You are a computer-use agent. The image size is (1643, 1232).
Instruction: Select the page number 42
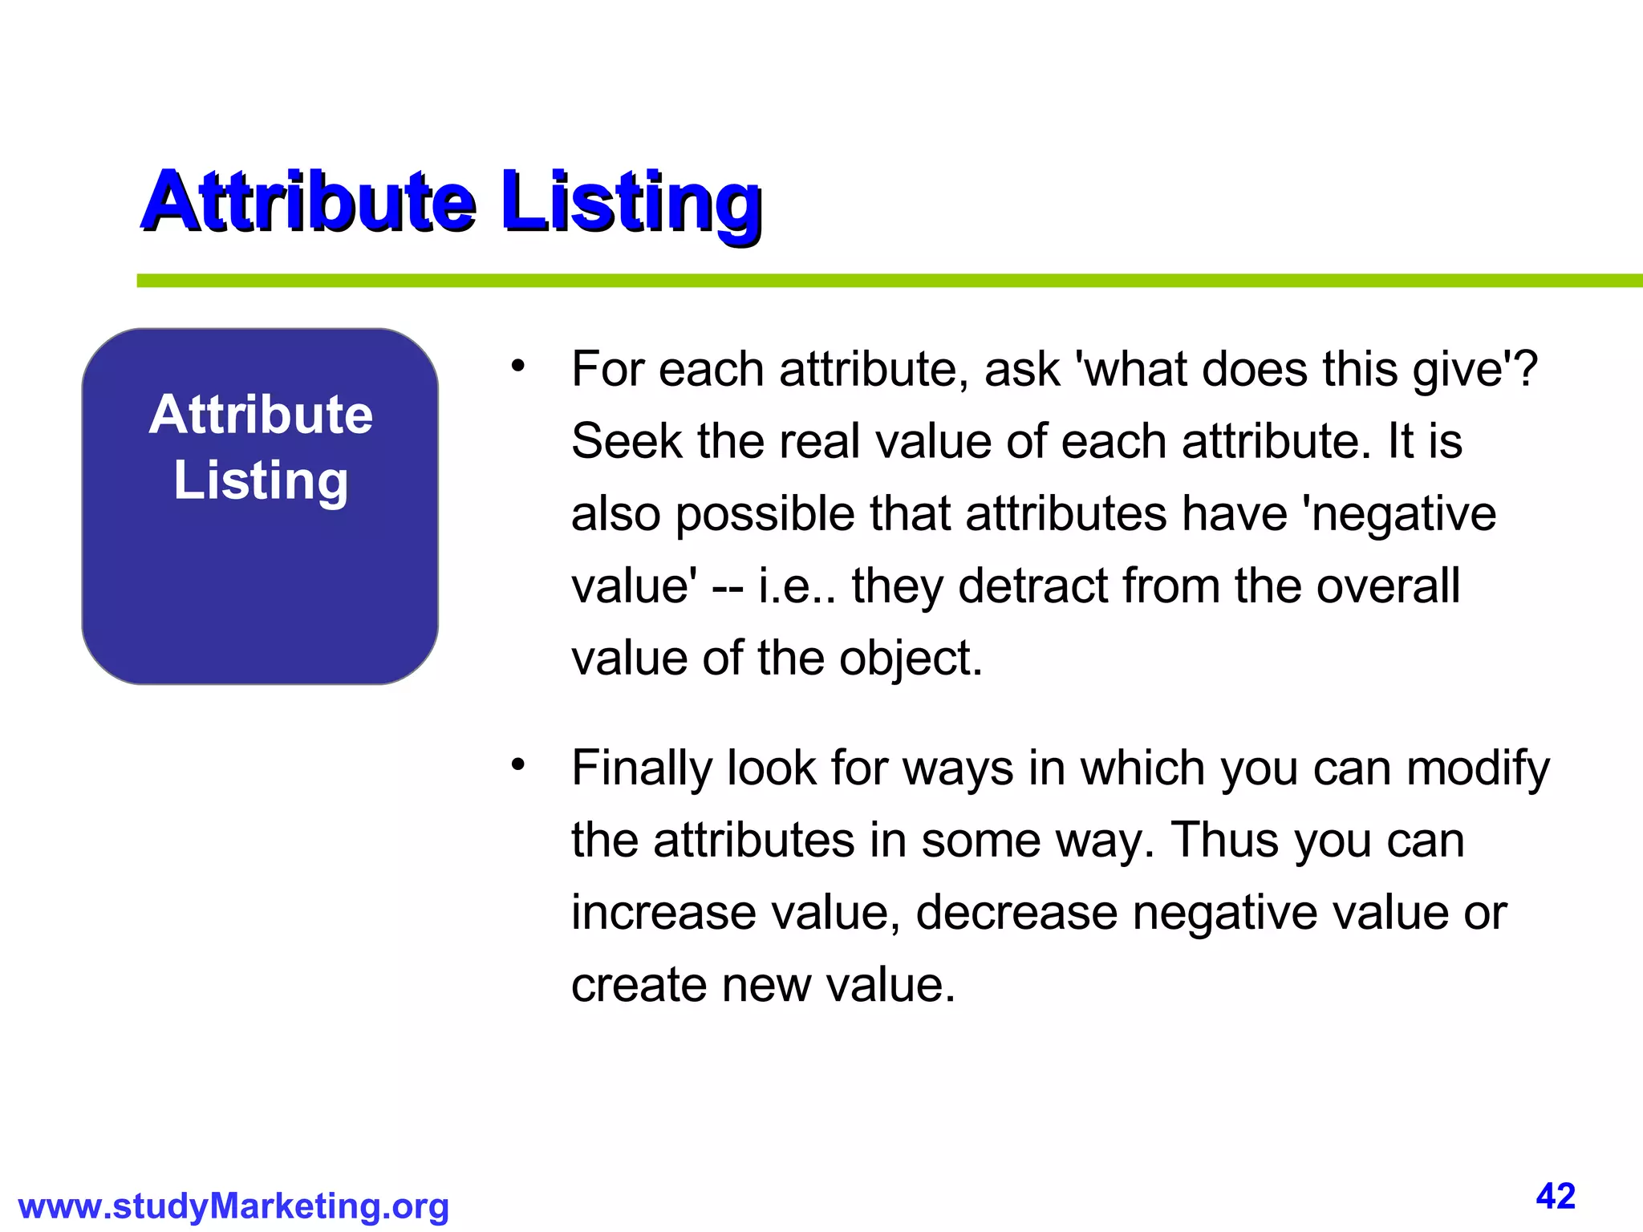(1556, 1196)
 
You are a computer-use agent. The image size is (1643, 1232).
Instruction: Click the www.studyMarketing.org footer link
(233, 1206)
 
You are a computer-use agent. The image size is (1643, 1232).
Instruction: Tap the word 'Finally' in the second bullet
(641, 768)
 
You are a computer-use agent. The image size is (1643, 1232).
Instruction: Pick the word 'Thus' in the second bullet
(1224, 841)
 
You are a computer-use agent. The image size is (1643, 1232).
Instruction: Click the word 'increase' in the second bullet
(663, 913)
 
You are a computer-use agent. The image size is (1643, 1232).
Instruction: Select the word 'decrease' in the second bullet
(1016, 913)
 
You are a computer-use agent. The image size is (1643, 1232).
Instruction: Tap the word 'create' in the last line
(638, 985)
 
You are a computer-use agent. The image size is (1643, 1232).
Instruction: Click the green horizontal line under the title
(882, 281)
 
